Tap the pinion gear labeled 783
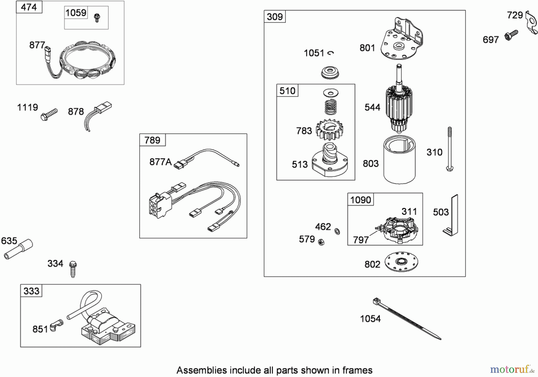click(x=329, y=129)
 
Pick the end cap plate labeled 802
click(x=401, y=262)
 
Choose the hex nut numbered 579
click(x=321, y=242)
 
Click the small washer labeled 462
click(x=337, y=231)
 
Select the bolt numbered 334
click(x=73, y=269)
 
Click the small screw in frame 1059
click(x=97, y=18)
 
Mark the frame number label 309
click(x=275, y=17)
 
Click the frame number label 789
click(x=152, y=140)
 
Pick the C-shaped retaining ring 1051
click(x=331, y=53)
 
